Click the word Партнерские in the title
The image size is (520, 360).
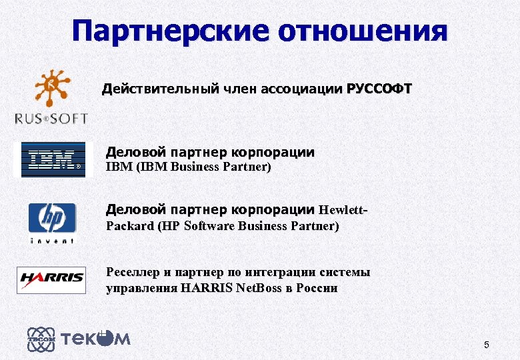coord(171,31)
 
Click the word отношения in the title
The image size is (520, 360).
coord(363,31)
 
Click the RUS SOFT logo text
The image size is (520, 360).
coord(51,119)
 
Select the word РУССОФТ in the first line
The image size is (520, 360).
coord(379,89)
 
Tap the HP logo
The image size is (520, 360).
coord(51,217)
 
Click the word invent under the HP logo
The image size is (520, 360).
coord(51,240)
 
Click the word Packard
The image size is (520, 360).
coord(130,226)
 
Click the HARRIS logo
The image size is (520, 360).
coord(51,279)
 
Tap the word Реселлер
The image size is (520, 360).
coord(133,272)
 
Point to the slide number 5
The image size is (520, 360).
coord(487,345)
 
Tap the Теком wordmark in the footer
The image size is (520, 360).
coord(96,339)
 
